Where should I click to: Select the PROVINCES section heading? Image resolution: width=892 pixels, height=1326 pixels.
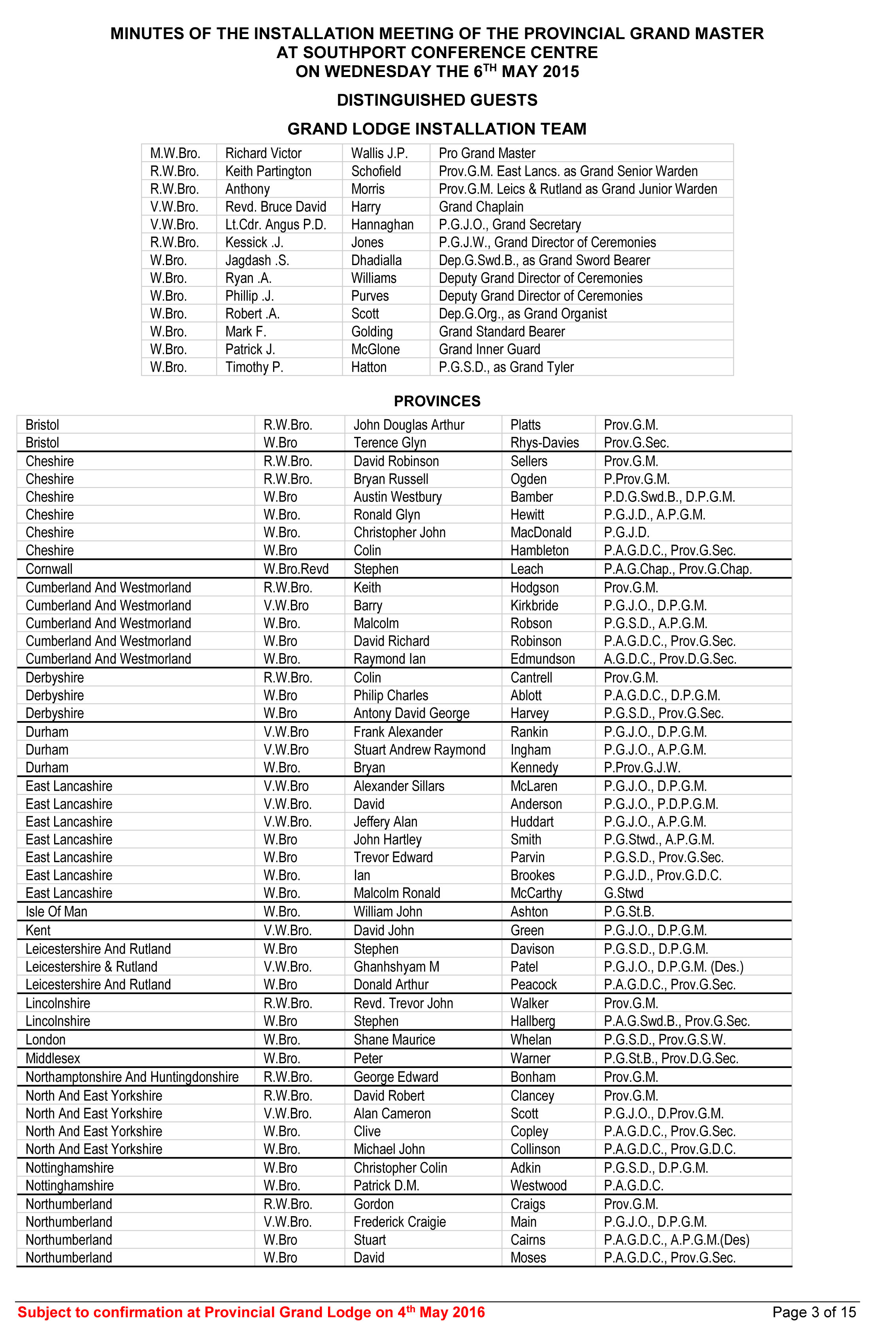(x=437, y=401)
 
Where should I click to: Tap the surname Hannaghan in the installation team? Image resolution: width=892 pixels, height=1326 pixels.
(x=382, y=224)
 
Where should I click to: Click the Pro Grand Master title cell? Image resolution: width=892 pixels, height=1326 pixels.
(x=487, y=153)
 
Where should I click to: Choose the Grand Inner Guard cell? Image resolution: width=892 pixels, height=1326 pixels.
(x=489, y=349)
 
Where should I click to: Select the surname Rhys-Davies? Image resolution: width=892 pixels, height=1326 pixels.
(x=545, y=443)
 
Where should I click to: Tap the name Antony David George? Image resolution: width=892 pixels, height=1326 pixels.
(x=411, y=713)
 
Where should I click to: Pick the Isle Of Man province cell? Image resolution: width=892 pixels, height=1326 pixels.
(x=57, y=912)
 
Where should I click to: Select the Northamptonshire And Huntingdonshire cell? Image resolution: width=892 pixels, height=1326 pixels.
(x=132, y=1077)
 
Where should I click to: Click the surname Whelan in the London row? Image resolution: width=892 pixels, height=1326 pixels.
(x=531, y=1040)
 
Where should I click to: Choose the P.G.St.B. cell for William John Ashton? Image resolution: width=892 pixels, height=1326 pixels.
(x=629, y=912)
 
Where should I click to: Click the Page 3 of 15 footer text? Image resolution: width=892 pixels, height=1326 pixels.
(x=813, y=1312)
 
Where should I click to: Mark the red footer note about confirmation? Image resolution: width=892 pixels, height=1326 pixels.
(x=251, y=1312)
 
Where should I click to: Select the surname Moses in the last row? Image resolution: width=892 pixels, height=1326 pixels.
(x=528, y=1257)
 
